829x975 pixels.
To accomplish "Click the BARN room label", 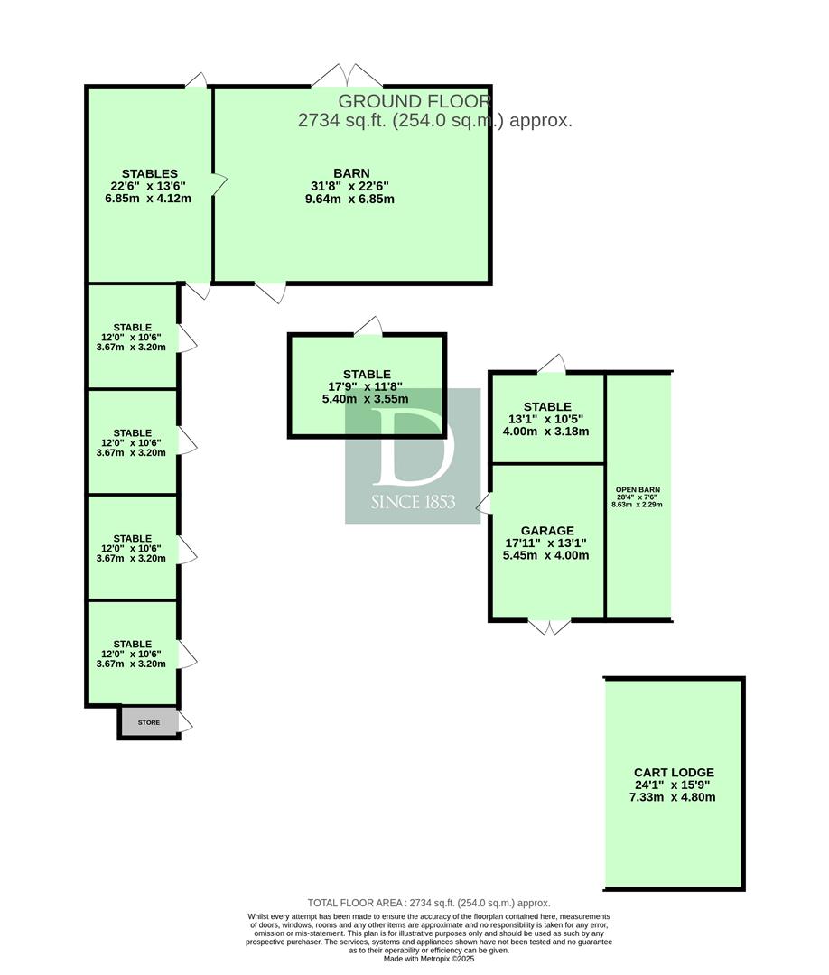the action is (x=351, y=173).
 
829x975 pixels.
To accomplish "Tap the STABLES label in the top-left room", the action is (x=150, y=174).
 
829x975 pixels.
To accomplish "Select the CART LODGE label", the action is (x=675, y=773).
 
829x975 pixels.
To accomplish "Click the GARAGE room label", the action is (x=547, y=531).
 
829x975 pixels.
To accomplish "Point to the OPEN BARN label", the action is (x=638, y=490).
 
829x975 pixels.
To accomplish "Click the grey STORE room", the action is (x=149, y=722).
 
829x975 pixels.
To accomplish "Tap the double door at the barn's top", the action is (x=347, y=75).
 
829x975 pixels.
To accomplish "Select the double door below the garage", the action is (x=549, y=627).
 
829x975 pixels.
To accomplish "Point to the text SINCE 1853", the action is (x=413, y=502).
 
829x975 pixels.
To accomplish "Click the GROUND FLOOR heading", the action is (x=414, y=101).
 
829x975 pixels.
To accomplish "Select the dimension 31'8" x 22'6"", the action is (x=350, y=186).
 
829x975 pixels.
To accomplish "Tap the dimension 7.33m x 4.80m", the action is (x=672, y=797).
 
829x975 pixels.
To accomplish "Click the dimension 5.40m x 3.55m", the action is (x=366, y=399).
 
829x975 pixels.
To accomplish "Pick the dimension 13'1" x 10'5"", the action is (x=546, y=419).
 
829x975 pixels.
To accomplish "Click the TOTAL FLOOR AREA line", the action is (x=429, y=903).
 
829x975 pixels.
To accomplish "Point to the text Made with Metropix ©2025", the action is (x=429, y=959).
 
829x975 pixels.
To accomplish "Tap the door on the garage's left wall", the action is (x=484, y=504).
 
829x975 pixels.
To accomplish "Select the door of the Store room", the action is (x=185, y=722).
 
